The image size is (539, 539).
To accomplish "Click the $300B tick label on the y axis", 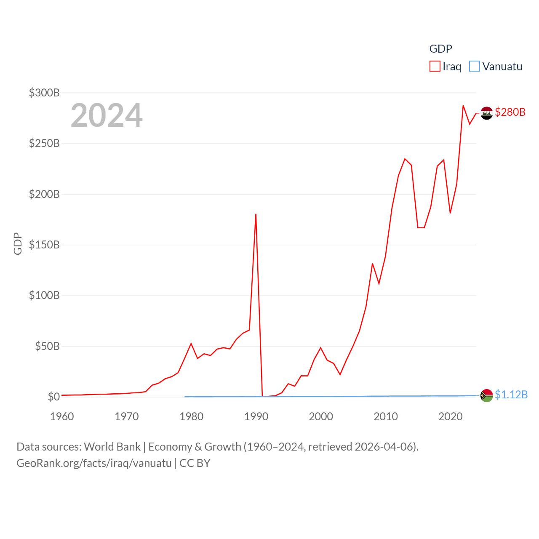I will click(x=44, y=93).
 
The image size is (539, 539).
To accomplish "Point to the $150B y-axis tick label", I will click(x=44, y=245).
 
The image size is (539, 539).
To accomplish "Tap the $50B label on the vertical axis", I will click(x=47, y=346).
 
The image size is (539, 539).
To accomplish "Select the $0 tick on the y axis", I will click(x=53, y=397).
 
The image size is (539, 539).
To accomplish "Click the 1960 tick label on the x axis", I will click(x=62, y=416).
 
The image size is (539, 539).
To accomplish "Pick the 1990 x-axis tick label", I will click(x=256, y=416).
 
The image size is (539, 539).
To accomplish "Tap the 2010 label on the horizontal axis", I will click(x=386, y=416).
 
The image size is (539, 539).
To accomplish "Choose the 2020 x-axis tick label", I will click(x=451, y=416).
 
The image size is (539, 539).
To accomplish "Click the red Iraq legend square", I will click(x=435, y=66).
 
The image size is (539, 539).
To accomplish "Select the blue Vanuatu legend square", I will click(x=475, y=66).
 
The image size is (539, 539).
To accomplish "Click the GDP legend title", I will click(x=440, y=49).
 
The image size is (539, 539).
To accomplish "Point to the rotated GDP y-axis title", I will click(x=18, y=243).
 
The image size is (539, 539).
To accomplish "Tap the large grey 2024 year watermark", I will click(x=107, y=115).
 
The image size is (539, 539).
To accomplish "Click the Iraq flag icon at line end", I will click(x=486, y=113).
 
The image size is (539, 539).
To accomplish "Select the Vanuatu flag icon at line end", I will click(x=486, y=395).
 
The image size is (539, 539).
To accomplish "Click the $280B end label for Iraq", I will click(x=510, y=112).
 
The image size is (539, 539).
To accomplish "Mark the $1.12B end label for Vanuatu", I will click(x=511, y=395).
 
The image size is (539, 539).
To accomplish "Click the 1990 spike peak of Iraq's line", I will click(x=256, y=214).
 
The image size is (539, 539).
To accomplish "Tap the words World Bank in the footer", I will click(x=112, y=446).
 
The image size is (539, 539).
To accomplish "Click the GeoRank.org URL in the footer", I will click(x=94, y=463).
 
